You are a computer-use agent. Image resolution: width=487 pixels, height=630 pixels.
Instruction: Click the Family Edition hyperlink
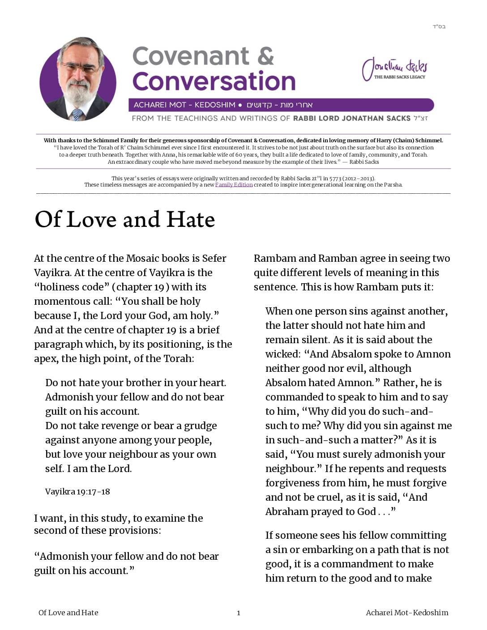[234, 185]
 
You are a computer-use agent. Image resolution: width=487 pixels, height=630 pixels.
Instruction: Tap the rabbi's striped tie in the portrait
[77, 115]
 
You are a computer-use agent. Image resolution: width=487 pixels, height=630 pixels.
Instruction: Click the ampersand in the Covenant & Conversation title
[265, 56]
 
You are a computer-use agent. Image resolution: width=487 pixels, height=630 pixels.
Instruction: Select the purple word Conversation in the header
[214, 81]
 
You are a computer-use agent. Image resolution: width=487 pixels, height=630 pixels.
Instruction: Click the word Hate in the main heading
[191, 220]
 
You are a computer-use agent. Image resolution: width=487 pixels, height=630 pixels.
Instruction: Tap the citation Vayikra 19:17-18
[77, 492]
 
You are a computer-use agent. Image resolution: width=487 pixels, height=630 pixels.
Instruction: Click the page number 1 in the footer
[239, 613]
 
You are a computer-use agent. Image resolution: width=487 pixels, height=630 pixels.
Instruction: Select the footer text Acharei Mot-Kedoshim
[407, 613]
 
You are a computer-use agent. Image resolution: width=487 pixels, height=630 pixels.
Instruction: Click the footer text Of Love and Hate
[68, 613]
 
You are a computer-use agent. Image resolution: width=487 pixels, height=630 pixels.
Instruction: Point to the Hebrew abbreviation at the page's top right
[439, 26]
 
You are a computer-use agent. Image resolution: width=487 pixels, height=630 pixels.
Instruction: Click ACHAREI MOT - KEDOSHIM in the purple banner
[184, 105]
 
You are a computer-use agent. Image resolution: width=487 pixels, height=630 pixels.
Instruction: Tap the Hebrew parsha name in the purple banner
[280, 105]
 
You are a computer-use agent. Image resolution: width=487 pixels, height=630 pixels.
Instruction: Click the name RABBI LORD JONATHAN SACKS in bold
[351, 118]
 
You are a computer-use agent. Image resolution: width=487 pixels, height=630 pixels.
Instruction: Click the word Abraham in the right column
[286, 511]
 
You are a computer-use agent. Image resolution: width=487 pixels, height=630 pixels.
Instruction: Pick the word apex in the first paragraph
[46, 358]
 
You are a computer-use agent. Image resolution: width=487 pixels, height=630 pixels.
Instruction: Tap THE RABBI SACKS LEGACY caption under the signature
[400, 77]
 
